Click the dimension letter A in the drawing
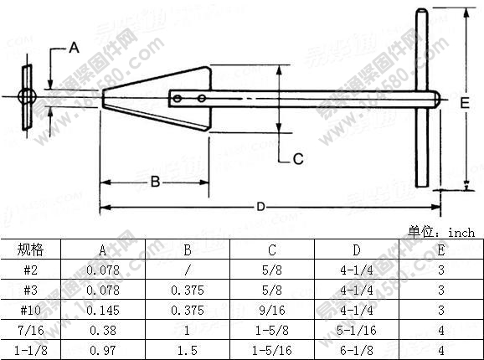(73, 48)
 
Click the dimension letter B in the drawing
(155, 182)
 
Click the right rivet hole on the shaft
(202, 99)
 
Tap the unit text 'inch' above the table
(461, 233)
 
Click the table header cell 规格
(30, 249)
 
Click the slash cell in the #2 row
(187, 270)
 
